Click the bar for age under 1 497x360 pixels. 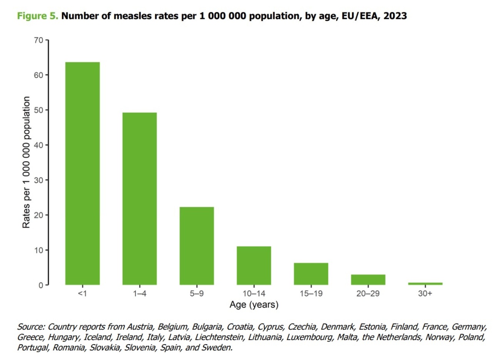click(82, 173)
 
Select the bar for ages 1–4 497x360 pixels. click(140, 199)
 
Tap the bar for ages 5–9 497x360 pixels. click(197, 246)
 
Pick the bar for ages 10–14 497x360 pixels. click(254, 266)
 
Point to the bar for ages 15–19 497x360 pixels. click(311, 274)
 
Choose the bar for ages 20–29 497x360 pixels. click(368, 280)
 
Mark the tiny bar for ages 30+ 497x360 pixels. click(425, 284)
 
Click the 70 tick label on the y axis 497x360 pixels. click(39, 40)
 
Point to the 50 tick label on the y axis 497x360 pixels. click(39, 110)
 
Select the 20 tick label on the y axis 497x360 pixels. click(39, 215)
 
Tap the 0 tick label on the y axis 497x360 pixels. click(41, 285)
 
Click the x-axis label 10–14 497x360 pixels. click(254, 294)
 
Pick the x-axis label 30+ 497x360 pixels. click(425, 294)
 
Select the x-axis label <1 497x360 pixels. click(82, 294)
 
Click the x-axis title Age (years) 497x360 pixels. click(254, 305)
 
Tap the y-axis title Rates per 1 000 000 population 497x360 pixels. click(26, 162)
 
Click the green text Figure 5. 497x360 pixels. click(37, 16)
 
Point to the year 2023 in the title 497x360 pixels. click(395, 16)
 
